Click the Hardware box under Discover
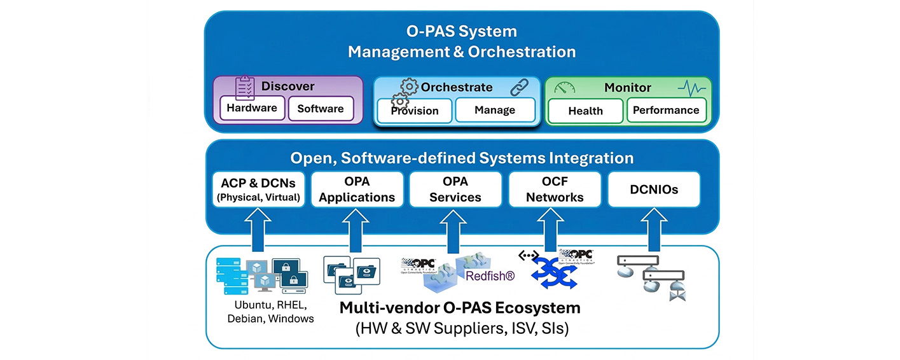coord(252,108)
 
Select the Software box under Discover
coord(321,109)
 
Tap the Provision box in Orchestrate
coord(415,111)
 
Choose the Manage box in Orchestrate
coord(495,110)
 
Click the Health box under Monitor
coord(585,111)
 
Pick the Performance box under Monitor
coord(667,110)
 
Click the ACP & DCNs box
coord(258,190)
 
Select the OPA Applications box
coord(357,190)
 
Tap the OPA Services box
coord(455,190)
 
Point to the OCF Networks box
coord(555,190)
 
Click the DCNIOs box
coord(653,190)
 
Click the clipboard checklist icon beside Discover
coord(245,87)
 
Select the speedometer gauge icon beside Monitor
coord(565,88)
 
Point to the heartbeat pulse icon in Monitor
coord(691,88)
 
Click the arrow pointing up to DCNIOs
coord(653,229)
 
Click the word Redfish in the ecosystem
coord(490,276)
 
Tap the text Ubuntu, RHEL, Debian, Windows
coord(270,311)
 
